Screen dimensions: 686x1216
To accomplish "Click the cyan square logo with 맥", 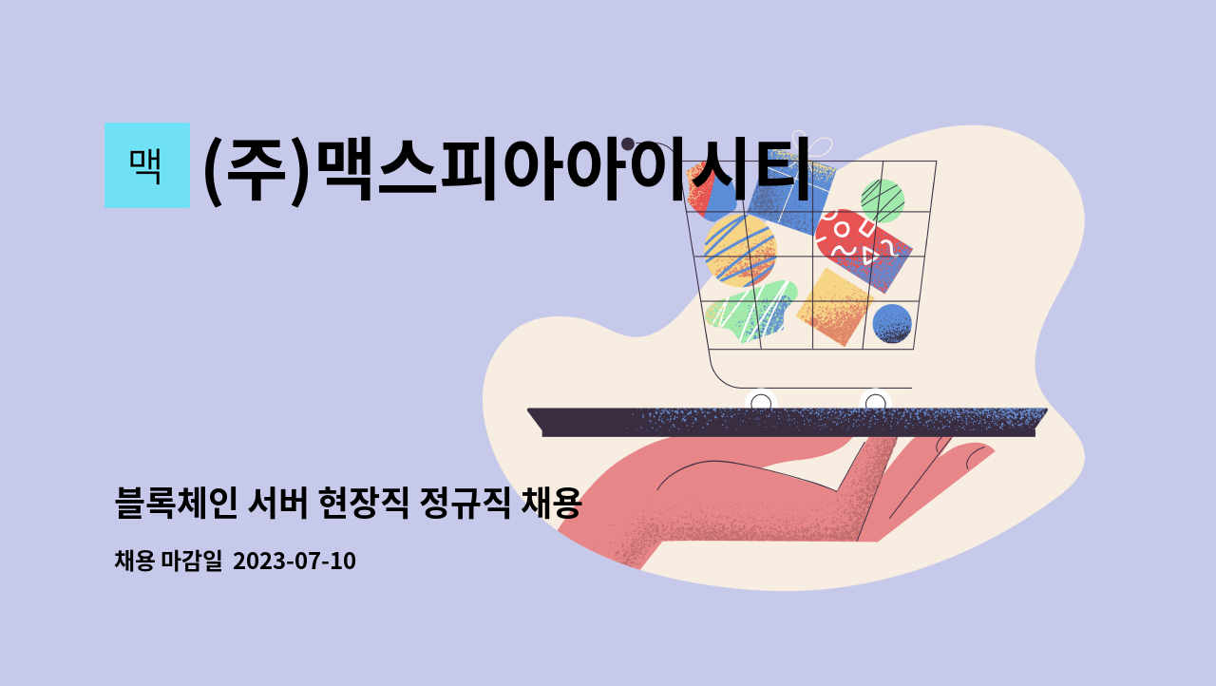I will (x=146, y=165).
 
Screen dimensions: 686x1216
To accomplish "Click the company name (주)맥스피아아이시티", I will (x=506, y=169).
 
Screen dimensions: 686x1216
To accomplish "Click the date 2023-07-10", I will (x=294, y=562).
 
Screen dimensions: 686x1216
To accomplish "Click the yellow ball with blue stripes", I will (x=739, y=249).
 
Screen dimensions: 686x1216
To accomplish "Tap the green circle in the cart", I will (x=882, y=200).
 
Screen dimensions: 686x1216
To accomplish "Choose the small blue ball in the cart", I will (x=891, y=323).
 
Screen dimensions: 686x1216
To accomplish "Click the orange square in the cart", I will (x=834, y=306).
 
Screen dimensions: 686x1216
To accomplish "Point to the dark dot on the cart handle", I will (x=628, y=144).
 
